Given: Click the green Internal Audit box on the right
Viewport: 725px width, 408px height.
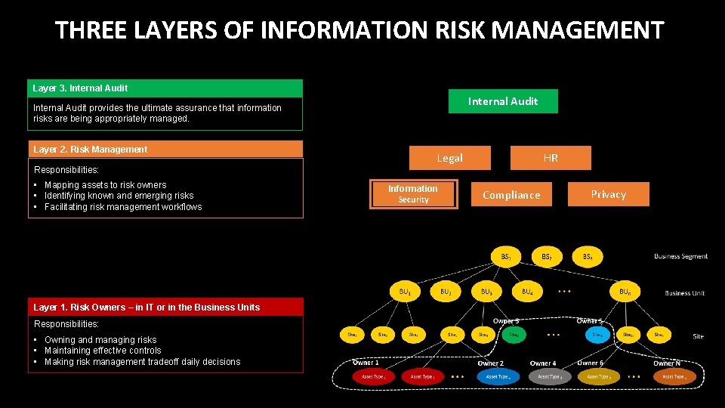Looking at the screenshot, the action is tap(503, 101).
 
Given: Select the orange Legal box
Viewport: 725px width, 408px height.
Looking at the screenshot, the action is tap(449, 158).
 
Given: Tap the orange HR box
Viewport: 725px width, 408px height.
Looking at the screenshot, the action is tap(551, 158).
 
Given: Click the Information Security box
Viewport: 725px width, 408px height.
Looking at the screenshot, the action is tap(413, 194).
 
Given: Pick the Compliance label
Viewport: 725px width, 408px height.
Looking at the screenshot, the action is tap(511, 195).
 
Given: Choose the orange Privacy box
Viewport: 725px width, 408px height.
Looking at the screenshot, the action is tap(608, 194).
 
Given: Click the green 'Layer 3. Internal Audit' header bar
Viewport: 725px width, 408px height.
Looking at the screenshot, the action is tap(165, 88).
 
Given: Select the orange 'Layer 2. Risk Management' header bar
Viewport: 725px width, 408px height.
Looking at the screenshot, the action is tap(165, 150).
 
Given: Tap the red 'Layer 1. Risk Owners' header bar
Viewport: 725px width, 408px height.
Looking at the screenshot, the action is tap(165, 308).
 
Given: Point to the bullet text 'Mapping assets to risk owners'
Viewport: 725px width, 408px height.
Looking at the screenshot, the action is tap(105, 185).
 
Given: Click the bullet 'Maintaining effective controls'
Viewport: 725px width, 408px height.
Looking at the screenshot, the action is tap(103, 351).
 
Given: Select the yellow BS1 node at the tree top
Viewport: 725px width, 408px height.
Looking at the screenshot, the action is tap(506, 257).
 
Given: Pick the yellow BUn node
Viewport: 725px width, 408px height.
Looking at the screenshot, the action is tap(625, 291).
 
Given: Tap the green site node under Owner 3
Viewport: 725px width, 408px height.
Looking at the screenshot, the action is tap(514, 333).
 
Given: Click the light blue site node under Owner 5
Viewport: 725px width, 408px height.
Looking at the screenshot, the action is tap(597, 333).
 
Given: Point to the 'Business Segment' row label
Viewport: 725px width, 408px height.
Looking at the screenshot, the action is tap(680, 257).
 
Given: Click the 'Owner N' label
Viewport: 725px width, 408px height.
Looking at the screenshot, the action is tap(667, 363).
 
